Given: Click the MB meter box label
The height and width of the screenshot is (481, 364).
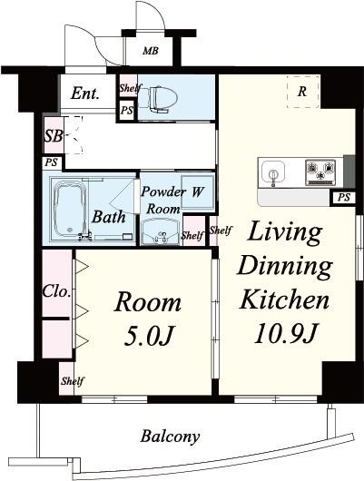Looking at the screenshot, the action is tap(151, 51).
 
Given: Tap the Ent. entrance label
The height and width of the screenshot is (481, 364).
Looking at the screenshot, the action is tap(85, 93).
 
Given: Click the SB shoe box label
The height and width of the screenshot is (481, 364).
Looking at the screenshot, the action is tap(54, 136).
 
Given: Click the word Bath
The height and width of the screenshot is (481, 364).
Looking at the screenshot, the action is tap(109, 217).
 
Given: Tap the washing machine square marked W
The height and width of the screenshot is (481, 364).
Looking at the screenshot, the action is tap(197, 191).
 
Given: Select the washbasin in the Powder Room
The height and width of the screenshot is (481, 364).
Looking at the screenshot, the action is tap(160, 232).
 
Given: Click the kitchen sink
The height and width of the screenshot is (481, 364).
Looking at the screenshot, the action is tap(273, 173).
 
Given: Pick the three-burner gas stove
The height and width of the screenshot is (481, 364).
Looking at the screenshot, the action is tap(320, 172).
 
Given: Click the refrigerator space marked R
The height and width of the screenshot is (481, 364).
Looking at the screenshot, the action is tap(302, 92).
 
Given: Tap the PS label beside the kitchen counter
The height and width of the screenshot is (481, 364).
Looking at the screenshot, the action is tap(344, 197).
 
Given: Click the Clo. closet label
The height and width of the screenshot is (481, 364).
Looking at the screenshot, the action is tap(57, 291).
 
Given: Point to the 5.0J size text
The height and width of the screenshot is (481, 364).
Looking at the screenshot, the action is tap(149, 336).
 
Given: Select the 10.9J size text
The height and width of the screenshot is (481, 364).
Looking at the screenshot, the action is tap(284, 334).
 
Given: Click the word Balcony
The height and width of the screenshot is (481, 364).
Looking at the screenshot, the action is tap(170, 437).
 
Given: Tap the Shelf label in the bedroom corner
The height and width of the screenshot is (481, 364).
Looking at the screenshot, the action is tap(73, 381).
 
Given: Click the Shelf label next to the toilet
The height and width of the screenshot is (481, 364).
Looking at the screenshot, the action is tap(131, 88).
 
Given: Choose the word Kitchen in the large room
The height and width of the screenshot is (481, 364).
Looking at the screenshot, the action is tap(284, 299).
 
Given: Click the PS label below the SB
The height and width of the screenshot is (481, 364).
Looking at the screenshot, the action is tap(51, 162).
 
